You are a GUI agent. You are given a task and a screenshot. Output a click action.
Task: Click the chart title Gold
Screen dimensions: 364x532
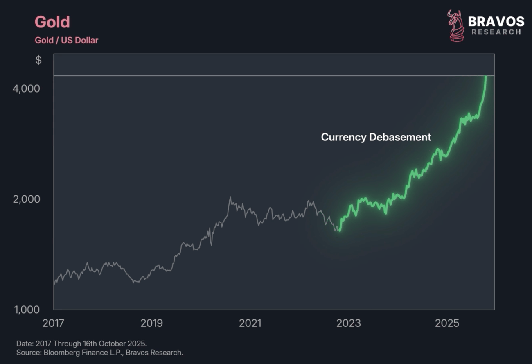[x=52, y=22]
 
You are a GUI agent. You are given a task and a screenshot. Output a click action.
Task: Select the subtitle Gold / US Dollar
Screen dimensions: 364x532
[x=66, y=40]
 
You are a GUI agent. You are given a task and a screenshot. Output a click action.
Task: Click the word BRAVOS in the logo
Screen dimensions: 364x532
[x=496, y=21]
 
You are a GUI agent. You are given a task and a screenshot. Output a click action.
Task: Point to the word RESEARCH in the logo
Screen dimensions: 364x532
[x=496, y=32]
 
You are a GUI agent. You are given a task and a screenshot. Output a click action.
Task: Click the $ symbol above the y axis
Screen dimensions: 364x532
[x=38, y=60]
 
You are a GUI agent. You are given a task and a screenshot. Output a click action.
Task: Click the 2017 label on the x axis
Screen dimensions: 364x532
[x=54, y=323]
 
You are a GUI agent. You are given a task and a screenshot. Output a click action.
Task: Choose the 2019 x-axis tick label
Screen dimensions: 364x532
[x=151, y=323]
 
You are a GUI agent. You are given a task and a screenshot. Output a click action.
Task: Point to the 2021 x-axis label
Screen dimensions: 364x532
[x=250, y=323]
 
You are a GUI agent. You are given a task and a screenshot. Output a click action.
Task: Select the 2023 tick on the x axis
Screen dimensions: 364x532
[x=349, y=323]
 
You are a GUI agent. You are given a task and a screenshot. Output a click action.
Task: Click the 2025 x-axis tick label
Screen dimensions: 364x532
[x=447, y=323]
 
